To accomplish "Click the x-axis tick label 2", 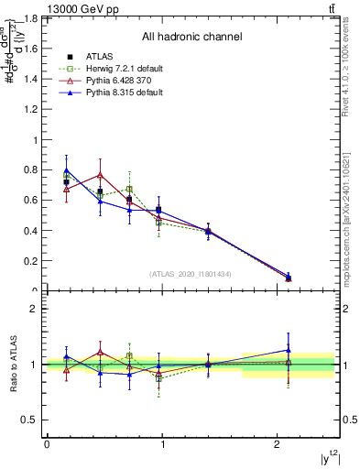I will (278, 444).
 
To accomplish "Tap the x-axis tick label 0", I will (47, 444).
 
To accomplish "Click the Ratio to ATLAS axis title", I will (13, 364).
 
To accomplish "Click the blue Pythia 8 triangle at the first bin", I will (66, 169).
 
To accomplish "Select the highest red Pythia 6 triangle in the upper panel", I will (100, 174).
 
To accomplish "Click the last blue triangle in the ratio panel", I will (289, 349).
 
